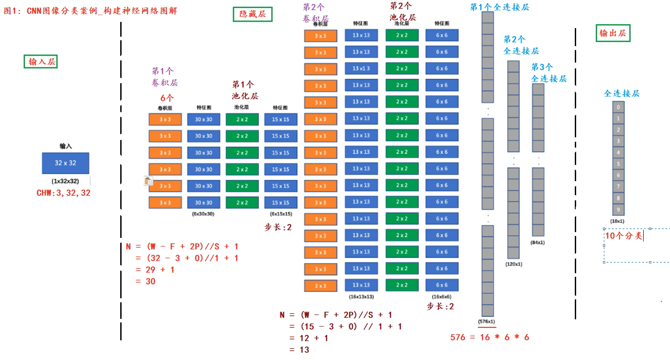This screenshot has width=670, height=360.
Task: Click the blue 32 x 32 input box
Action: pos(65,163)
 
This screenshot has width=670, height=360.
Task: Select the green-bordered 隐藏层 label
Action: pos(253,14)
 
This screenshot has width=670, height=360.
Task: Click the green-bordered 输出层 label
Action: pos(613,34)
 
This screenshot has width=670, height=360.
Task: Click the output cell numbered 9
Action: pos(618,209)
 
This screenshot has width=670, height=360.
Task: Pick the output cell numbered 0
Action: pos(618,107)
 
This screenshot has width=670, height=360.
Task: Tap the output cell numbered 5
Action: pos(618,164)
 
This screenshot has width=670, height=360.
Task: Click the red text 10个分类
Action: pos(623,236)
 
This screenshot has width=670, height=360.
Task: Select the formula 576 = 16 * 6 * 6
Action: pos(490,338)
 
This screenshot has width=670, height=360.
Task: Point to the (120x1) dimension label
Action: pos(514,264)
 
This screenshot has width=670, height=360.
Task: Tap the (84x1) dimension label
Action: pos(538,242)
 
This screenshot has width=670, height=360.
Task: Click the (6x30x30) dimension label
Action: pos(203,214)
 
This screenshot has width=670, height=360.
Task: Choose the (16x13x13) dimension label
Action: pos(361,296)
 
